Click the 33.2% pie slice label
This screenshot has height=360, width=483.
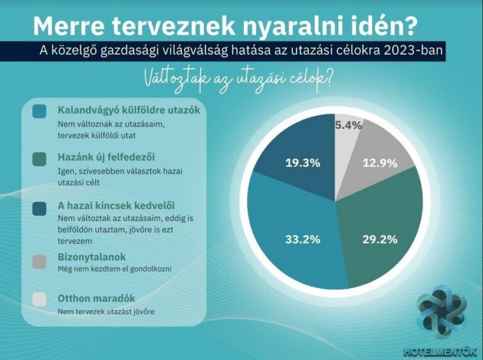click(303, 240)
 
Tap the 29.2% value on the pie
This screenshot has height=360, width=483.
click(380, 240)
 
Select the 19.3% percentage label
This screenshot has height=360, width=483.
click(303, 163)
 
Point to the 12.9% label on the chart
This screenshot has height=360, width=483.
click(380, 163)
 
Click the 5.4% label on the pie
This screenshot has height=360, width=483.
click(348, 125)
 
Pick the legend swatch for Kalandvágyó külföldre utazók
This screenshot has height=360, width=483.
click(39, 111)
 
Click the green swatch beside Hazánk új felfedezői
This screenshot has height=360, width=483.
click(39, 159)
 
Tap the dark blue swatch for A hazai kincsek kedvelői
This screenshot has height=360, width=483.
click(39, 209)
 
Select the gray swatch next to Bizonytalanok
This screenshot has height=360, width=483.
click(39, 262)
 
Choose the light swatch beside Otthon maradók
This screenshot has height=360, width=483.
click(39, 300)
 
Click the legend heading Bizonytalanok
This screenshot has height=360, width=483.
click(91, 257)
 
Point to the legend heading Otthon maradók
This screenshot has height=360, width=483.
click(96, 298)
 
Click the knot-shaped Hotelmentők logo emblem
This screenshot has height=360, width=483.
click(442, 312)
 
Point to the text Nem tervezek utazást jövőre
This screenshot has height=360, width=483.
click(106, 312)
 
